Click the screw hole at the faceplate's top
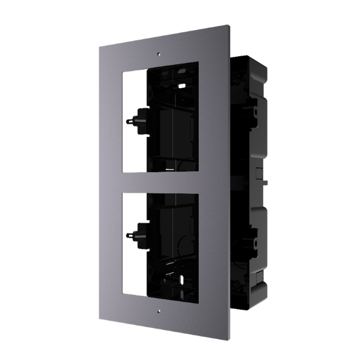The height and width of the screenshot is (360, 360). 159,54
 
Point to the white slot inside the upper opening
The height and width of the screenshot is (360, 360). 182,85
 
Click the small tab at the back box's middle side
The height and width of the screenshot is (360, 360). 264,182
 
